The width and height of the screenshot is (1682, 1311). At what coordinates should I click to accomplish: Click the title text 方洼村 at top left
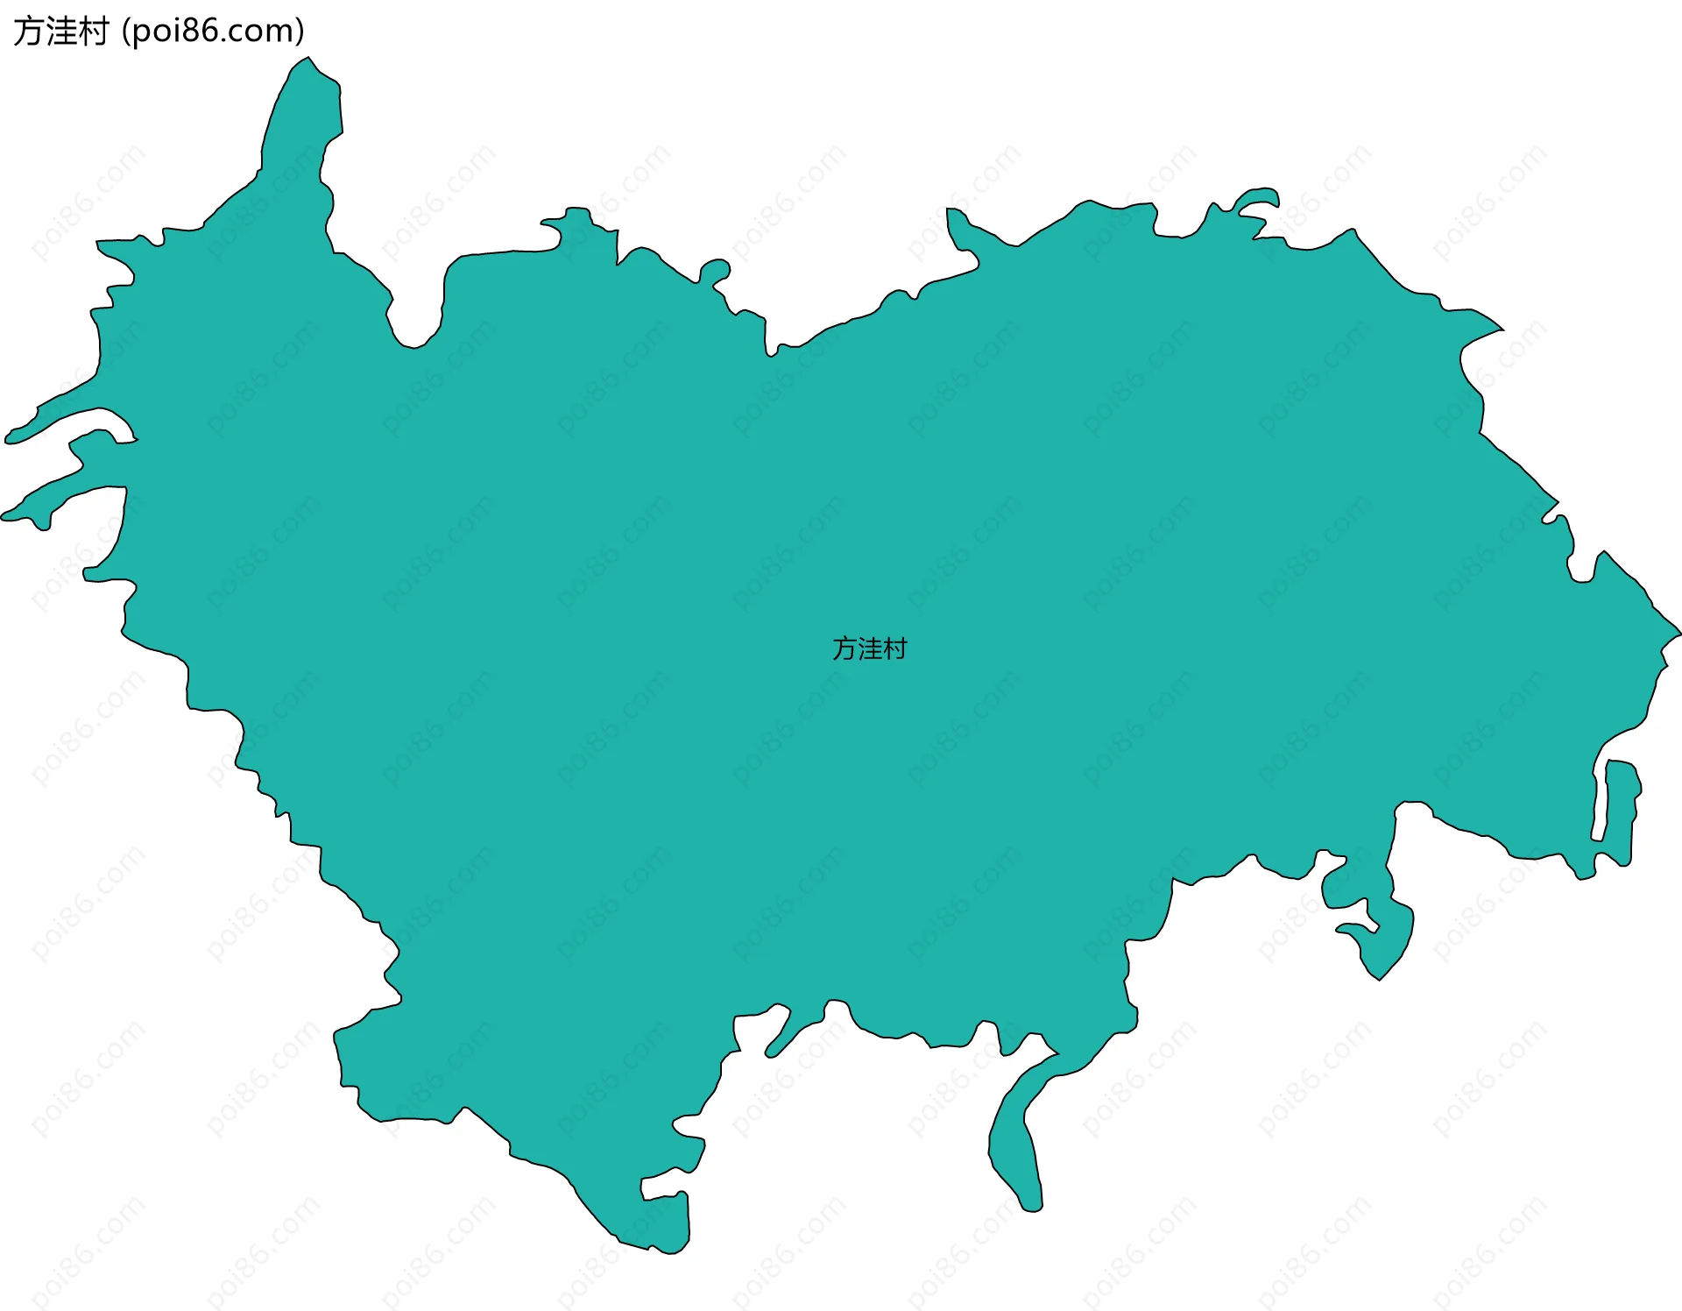click(x=60, y=32)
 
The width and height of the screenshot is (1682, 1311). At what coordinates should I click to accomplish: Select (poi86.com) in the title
click(x=213, y=32)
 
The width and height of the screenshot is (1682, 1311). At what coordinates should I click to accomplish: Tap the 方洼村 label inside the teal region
click(x=869, y=648)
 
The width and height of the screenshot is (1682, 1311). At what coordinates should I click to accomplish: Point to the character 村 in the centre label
click(x=895, y=648)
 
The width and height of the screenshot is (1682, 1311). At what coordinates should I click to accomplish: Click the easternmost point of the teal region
click(x=1677, y=631)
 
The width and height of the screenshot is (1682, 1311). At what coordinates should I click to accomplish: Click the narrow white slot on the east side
click(x=1600, y=802)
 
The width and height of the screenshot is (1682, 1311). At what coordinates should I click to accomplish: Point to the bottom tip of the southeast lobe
click(x=1379, y=974)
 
